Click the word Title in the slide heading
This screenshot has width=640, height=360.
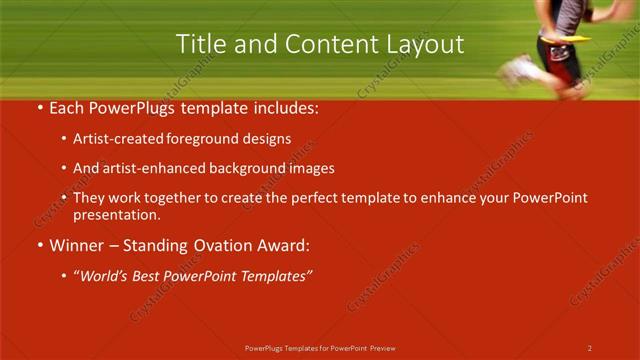click(198, 44)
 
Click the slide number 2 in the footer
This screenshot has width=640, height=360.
click(589, 347)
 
